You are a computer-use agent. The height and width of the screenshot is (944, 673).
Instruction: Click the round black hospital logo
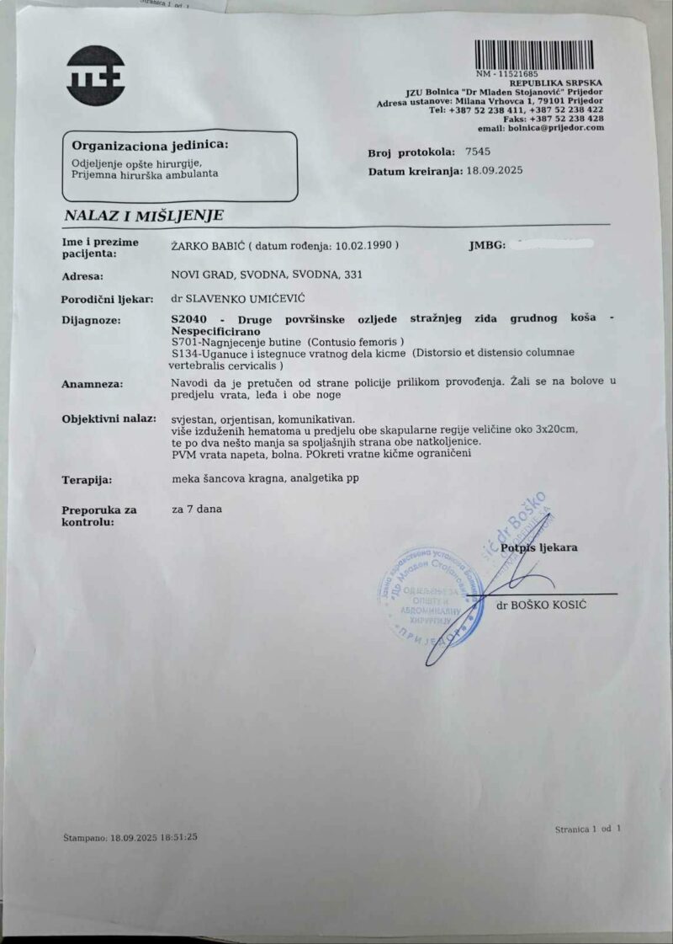pos(96,75)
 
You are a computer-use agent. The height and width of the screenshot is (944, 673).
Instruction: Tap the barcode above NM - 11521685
pos(533,55)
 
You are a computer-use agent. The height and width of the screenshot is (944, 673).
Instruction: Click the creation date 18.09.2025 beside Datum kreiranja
pos(495,171)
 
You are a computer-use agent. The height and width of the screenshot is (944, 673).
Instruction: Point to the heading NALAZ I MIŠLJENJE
pos(144,216)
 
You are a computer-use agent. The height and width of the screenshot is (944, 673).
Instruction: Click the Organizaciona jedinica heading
pos(150,145)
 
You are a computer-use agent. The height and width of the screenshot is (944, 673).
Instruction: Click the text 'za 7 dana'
pos(196,509)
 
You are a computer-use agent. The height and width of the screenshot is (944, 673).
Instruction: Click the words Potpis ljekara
pos(539,548)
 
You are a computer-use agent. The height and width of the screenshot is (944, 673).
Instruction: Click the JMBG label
pos(486,247)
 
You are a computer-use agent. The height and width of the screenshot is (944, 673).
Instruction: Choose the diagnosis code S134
pos(184,354)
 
